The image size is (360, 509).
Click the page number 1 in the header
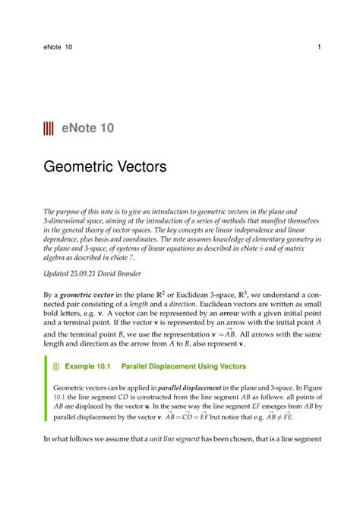tap(319, 48)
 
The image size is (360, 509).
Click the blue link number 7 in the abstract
tap(121, 248)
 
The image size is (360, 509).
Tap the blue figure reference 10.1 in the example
tap(60, 396)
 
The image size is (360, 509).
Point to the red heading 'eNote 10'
tap(89, 128)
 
